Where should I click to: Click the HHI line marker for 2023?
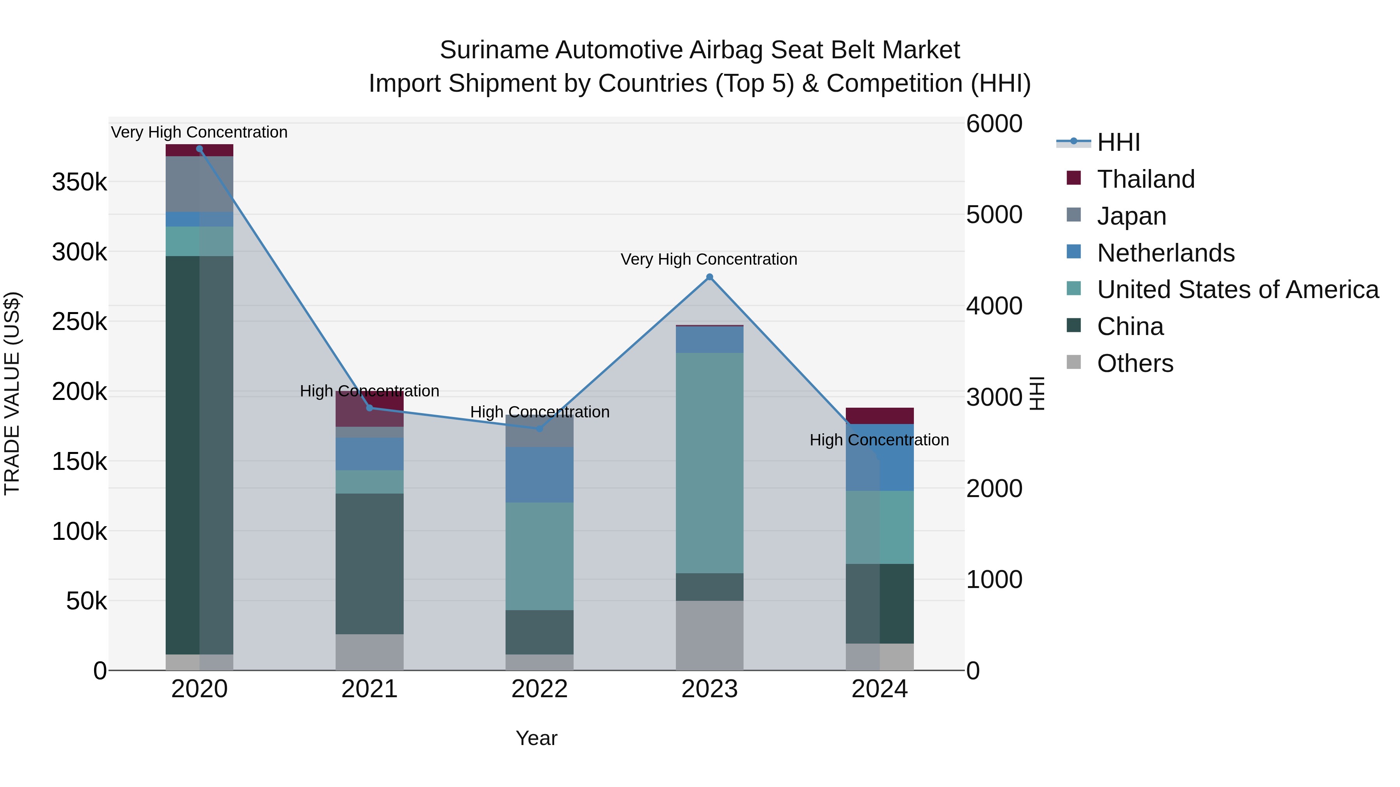709,277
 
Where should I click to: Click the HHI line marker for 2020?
199,149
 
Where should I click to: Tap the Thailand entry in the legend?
1145,179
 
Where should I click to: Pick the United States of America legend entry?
1237,290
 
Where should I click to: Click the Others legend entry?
1134,363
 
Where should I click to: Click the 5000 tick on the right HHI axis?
994,215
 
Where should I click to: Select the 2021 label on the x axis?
369,689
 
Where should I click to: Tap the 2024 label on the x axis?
879,689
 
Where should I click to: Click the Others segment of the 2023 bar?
709,635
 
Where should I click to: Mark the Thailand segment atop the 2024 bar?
879,415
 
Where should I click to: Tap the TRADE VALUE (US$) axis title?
12,393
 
